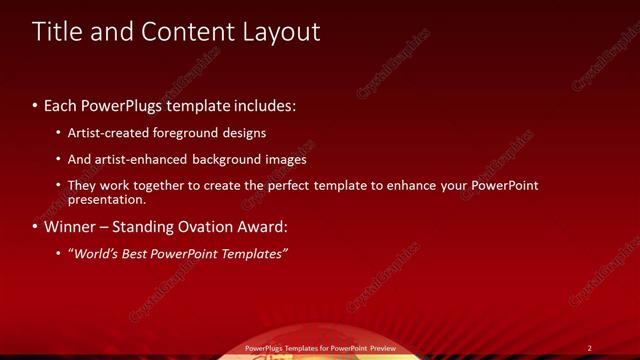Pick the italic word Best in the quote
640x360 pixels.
coord(143,254)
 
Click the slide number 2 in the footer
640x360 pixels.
coord(590,348)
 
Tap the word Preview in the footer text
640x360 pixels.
coord(381,348)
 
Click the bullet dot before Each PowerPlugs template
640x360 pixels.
coord(35,106)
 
